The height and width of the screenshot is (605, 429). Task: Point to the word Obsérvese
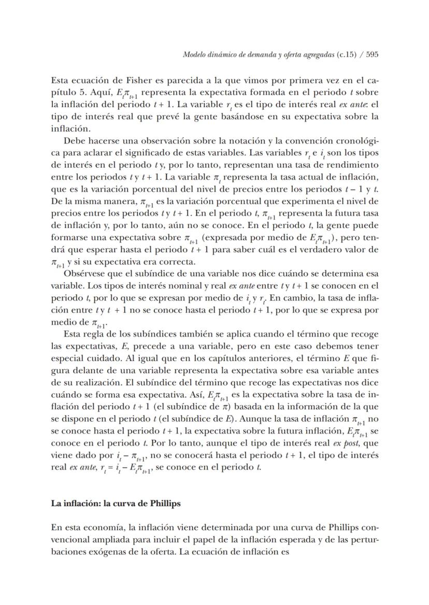(x=85, y=273)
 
